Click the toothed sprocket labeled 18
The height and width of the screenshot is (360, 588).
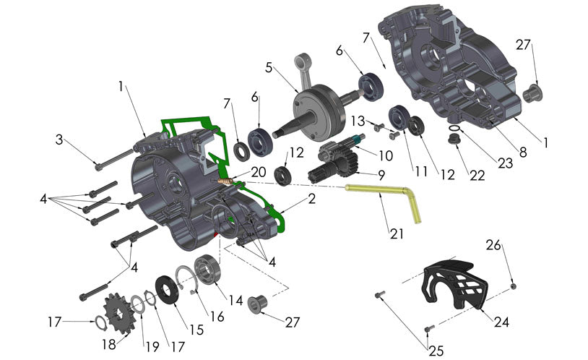(x=115, y=309)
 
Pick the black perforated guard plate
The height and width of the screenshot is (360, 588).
(x=452, y=283)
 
